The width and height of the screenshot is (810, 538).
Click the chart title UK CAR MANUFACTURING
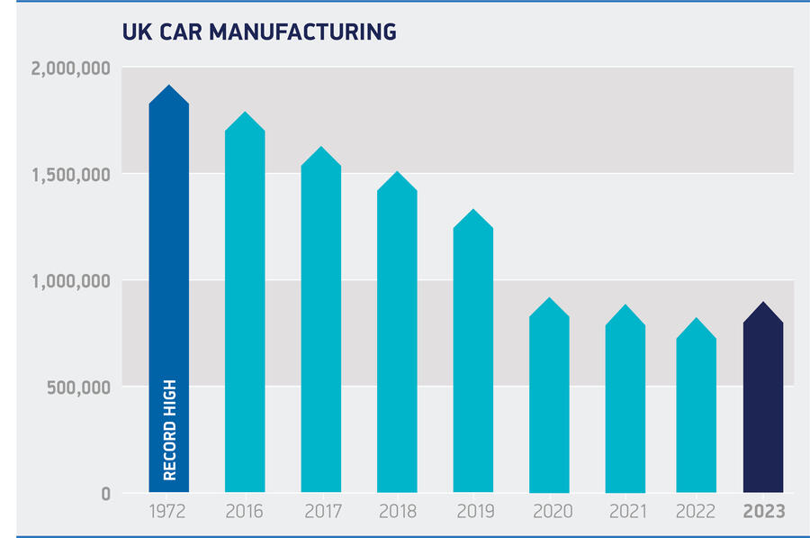259,32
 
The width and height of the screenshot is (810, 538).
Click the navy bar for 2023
763,406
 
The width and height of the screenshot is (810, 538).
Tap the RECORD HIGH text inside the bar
169,430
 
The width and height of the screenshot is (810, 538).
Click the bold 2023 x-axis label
763,513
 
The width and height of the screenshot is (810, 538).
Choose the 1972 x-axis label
169,513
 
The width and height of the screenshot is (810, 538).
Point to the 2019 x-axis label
473,513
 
